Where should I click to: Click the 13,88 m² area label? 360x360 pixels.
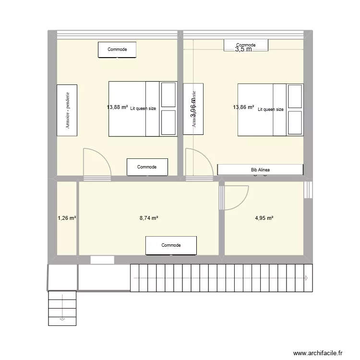point(118,108)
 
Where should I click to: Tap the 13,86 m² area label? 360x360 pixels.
point(243,108)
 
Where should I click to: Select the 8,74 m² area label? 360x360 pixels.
point(149,218)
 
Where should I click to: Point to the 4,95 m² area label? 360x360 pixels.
point(264,218)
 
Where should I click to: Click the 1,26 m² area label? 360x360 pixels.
point(67,218)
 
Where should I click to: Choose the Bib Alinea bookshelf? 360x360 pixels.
point(260,169)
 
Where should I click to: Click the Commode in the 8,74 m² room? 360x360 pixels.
point(171,245)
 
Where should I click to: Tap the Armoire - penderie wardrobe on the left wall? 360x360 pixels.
point(67,110)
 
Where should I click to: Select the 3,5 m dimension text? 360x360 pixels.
point(243,49)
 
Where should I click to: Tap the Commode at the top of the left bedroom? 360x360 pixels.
point(117,49)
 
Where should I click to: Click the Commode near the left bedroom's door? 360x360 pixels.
point(147,167)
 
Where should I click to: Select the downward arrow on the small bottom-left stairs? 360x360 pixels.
point(61,318)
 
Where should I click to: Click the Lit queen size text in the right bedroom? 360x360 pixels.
point(271,109)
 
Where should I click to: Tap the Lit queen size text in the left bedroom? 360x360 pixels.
point(143,108)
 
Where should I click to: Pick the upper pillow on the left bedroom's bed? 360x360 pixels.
point(168,95)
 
